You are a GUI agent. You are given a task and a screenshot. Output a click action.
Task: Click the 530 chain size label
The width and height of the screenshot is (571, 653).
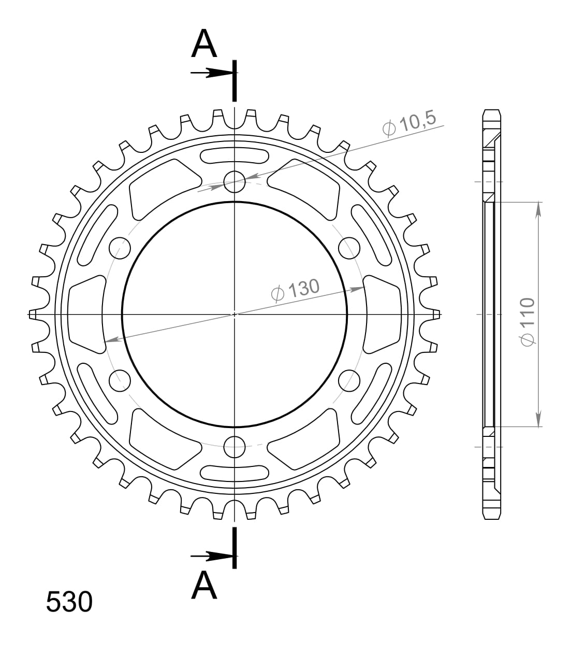point(69,602)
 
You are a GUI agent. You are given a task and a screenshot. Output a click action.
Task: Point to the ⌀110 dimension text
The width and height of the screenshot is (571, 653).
point(526,321)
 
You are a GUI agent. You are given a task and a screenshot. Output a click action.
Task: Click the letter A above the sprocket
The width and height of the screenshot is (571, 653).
point(204,45)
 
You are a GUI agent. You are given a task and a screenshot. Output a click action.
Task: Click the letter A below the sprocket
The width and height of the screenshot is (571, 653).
point(204,586)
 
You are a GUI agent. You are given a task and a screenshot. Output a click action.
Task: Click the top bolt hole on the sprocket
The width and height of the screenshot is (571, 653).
point(235,180)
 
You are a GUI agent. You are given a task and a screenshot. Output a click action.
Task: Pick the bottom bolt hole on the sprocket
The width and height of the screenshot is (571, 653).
point(235,446)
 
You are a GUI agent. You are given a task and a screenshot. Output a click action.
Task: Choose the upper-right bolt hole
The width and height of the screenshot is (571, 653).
point(349,247)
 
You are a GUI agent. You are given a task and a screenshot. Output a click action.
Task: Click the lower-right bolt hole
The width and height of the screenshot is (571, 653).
point(349,380)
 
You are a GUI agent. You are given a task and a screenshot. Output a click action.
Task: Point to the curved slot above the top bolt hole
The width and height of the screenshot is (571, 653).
point(235,155)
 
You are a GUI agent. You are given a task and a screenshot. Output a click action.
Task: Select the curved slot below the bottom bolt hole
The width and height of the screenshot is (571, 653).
point(235,473)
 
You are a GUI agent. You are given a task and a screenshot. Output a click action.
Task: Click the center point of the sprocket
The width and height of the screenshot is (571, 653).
point(235,314)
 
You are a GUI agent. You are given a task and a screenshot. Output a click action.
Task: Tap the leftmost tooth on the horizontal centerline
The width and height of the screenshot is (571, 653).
point(33,314)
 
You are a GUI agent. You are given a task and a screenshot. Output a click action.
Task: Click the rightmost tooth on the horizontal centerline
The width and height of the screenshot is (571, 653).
point(436,314)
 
